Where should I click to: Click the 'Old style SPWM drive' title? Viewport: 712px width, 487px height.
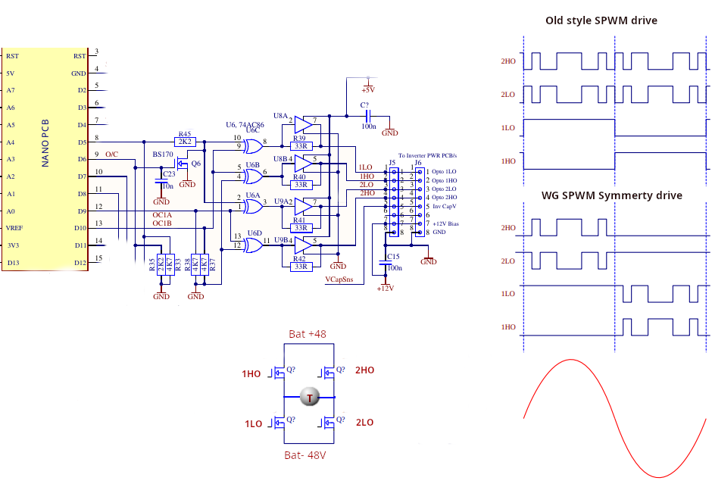tap(601, 20)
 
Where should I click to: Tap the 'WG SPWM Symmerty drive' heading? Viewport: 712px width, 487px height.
tap(611, 195)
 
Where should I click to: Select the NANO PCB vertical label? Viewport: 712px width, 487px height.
tap(46, 142)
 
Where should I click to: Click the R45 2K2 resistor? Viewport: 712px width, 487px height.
tap(185, 142)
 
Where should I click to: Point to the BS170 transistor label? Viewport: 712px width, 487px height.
tap(163, 155)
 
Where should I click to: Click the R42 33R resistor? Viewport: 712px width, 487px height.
tap(301, 266)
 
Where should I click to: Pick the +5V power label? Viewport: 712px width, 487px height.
tap(368, 89)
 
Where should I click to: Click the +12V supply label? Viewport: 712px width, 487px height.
tap(386, 288)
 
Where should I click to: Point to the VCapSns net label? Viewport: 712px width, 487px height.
tap(339, 279)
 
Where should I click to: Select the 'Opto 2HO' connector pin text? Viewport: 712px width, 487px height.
tap(445, 197)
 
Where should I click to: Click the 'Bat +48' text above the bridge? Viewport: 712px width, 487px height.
tap(308, 334)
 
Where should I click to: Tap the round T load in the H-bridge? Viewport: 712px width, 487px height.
tap(309, 397)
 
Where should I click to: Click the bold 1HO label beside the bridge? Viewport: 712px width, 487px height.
tap(251, 374)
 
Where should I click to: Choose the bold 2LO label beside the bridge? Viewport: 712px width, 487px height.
tap(364, 423)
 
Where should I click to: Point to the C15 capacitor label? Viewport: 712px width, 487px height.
tap(392, 257)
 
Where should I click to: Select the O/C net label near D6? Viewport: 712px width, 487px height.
tap(111, 155)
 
